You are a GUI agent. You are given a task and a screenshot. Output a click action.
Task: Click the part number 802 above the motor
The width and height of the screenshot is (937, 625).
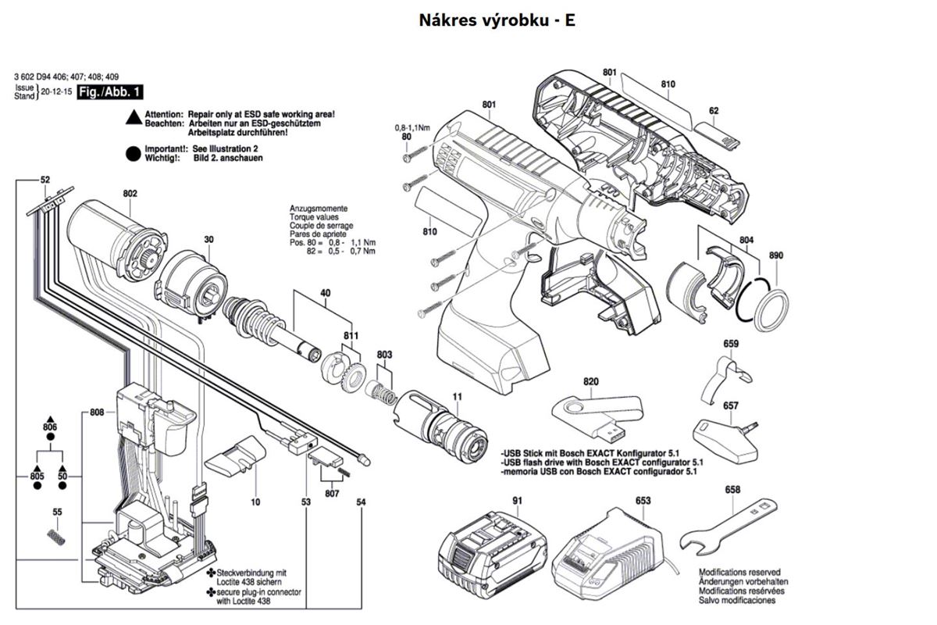point(130,194)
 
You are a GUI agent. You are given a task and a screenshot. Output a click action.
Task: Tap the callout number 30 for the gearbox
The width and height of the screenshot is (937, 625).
point(208,239)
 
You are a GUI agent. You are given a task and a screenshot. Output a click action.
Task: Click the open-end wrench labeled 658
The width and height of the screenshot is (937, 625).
point(729,527)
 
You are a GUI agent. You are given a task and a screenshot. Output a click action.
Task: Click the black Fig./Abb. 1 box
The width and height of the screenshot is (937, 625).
point(110,92)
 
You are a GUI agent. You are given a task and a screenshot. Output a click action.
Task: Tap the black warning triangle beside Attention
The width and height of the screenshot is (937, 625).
point(134,117)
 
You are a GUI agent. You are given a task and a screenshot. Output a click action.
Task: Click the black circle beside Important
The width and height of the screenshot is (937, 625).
point(133,154)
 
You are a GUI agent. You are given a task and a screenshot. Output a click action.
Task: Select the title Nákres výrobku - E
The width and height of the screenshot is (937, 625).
point(497,20)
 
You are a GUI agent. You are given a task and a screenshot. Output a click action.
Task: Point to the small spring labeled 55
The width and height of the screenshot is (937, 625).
point(55,537)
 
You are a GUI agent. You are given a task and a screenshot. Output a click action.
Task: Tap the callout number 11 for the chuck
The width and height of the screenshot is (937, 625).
point(458,396)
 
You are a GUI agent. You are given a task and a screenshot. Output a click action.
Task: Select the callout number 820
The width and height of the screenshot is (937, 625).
point(590,381)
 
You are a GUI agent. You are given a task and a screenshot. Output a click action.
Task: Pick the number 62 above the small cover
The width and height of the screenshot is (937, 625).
point(714,110)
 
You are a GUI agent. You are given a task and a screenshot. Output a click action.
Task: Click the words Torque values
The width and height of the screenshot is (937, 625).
point(314,217)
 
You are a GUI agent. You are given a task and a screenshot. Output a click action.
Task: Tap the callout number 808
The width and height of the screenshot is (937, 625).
point(97,412)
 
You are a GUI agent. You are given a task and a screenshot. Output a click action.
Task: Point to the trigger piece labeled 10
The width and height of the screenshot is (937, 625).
point(236,457)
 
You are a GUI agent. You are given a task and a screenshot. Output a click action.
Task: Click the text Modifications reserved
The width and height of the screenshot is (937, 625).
point(739,572)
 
